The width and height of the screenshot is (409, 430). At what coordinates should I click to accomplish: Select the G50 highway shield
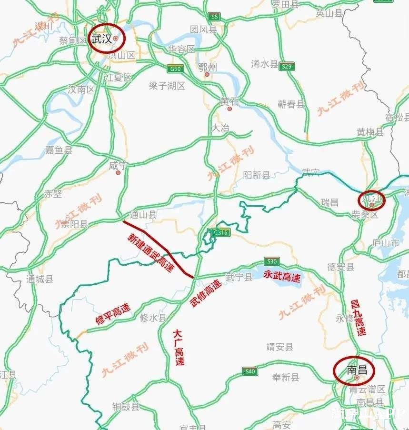coord(175,69)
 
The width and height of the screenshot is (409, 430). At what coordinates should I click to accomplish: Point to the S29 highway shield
coord(286,66)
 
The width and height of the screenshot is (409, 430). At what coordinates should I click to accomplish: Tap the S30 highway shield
coord(272,261)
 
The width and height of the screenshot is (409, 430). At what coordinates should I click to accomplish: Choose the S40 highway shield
coord(249,371)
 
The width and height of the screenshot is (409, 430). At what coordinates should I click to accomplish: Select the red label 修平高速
coord(113,314)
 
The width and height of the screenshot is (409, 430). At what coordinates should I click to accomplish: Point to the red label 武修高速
coord(206,293)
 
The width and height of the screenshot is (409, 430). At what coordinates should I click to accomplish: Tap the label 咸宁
coord(118,165)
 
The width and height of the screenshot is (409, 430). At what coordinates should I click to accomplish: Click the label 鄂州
coord(207,68)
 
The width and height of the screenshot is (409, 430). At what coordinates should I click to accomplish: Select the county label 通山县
coord(142,215)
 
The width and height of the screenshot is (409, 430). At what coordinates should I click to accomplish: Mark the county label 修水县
coord(153,318)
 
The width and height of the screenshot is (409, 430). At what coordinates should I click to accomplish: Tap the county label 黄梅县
coord(370,132)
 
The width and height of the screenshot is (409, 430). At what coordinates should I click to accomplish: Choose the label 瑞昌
coord(329,202)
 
